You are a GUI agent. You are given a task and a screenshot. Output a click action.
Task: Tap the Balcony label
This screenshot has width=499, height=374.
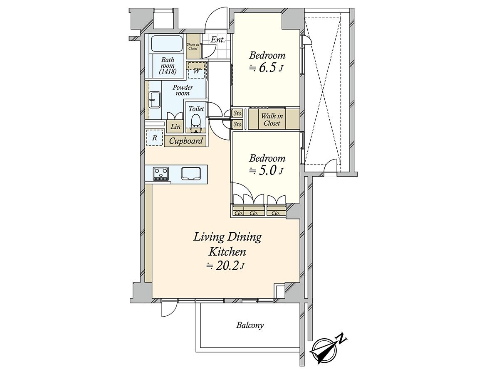pos(250,325)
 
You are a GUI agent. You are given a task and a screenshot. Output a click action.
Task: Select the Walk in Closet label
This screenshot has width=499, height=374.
pos(272,120)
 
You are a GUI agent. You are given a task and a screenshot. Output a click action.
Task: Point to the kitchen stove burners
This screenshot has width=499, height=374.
pos(161,173)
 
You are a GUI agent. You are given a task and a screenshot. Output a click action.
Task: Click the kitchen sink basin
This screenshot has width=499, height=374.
pos(191,173)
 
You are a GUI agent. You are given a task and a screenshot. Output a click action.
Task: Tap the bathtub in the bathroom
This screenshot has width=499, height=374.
pos(166,43)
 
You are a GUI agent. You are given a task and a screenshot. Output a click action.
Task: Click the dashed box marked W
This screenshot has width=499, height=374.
pos(197,70)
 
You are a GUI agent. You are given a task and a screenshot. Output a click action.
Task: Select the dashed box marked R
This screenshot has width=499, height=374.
pos(154,138)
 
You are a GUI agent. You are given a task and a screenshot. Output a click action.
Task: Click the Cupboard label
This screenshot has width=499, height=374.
pos(186,141)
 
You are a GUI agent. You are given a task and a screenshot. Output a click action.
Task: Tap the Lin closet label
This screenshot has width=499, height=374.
pos(175,127)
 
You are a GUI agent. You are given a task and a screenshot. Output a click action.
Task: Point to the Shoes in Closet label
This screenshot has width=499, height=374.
pos(193,46)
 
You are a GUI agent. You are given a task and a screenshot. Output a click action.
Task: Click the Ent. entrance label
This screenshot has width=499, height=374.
pos(217,40)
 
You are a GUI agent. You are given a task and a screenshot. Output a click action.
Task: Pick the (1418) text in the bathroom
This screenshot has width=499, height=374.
pos(168,71)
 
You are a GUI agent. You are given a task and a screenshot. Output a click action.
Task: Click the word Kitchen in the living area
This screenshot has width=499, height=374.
pos(227,251)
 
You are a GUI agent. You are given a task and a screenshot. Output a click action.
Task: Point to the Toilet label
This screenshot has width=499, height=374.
pos(196,108)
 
